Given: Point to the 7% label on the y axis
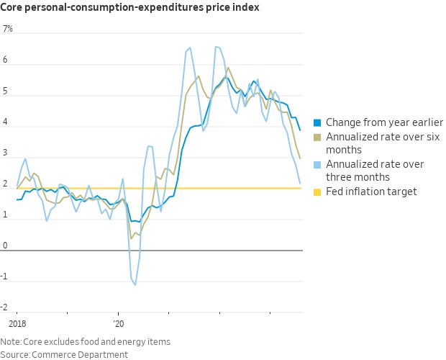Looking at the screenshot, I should click(x=8, y=30).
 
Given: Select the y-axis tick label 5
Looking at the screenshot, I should click(x=5, y=92).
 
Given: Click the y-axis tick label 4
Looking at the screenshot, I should click(x=5, y=123).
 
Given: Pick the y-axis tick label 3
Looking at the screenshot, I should click(x=5, y=154).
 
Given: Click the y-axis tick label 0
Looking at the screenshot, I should click(x=5, y=246).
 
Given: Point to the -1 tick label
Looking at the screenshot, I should click(x=6, y=277).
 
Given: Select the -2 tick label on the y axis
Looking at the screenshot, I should click(x=6, y=308).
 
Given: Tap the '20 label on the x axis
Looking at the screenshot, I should click(x=119, y=324).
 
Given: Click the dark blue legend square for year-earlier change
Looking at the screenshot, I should click(x=317, y=122).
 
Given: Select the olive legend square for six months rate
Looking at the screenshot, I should click(x=317, y=137).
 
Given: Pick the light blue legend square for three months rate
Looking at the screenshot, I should click(x=317, y=165).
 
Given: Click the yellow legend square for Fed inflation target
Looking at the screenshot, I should click(x=317, y=192).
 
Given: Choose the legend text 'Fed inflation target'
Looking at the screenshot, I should click(x=371, y=192).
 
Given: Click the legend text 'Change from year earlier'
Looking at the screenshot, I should click(x=385, y=122).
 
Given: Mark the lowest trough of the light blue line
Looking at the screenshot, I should click(x=135, y=285).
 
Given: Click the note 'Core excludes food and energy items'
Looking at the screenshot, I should click(x=96, y=341).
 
